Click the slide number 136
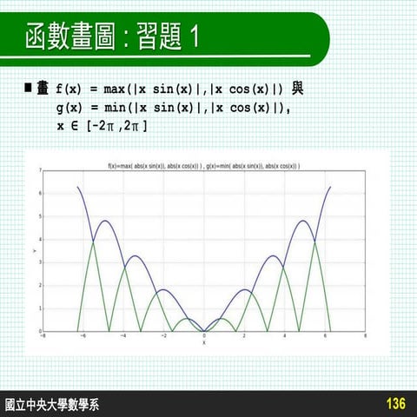tap(395, 404)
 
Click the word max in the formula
tap(116, 89)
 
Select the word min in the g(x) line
tap(116, 108)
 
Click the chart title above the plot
tap(203, 165)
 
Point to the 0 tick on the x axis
tap(204, 336)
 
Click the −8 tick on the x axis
tap(43, 336)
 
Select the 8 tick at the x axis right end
tap(365, 336)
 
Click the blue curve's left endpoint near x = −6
tap(78, 187)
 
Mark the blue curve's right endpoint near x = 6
tap(330, 187)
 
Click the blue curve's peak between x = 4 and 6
tap(303, 221)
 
